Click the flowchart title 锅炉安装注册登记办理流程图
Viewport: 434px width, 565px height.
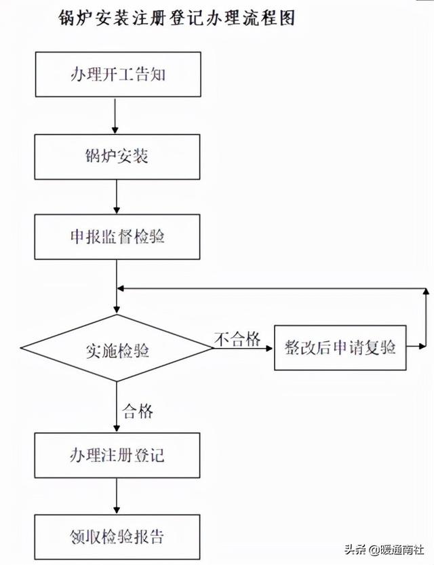177,18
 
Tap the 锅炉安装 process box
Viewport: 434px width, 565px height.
118,156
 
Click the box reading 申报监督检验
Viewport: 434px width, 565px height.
118,237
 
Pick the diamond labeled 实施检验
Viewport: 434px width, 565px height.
118,350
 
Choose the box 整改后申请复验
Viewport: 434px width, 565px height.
340,347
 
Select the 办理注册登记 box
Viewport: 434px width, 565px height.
118,454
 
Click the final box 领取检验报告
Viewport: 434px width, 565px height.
118,537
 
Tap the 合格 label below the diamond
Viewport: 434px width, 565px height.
137,410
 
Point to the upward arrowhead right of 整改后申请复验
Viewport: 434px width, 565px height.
426,293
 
